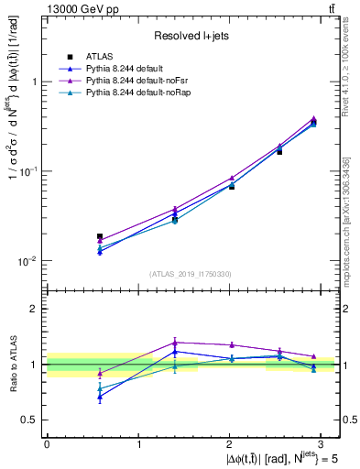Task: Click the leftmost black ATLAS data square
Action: pos(100,236)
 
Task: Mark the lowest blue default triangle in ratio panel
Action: pos(100,398)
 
